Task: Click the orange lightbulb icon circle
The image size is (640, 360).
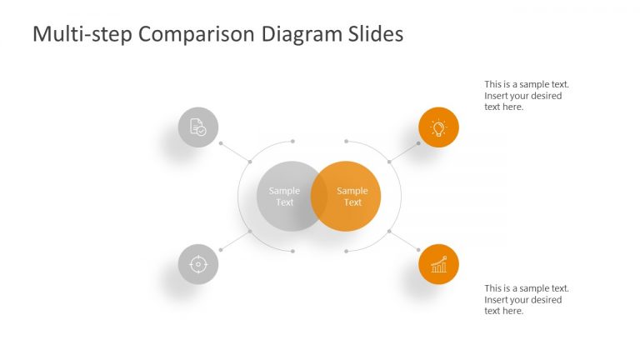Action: (438, 127)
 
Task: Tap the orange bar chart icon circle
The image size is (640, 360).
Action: (438, 264)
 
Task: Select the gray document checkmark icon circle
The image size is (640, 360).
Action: (198, 127)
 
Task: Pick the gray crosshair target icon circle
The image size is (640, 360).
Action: (198, 264)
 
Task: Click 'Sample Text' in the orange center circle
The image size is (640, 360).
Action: (353, 197)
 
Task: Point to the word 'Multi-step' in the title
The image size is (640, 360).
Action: (82, 34)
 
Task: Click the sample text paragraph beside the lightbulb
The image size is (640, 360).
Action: (527, 96)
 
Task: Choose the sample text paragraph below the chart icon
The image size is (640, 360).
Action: (527, 299)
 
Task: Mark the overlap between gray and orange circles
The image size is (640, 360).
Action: (317, 197)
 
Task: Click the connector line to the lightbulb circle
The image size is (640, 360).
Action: (403, 152)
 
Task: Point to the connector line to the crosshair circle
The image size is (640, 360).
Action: (235, 240)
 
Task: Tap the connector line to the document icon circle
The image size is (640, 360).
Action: (235, 152)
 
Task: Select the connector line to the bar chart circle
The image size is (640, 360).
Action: (403, 240)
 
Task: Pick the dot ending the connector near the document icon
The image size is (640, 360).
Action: (221, 143)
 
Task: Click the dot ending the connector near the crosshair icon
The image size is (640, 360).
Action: (221, 249)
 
